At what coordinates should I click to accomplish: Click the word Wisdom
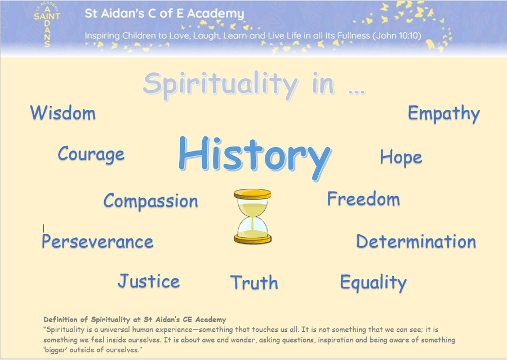pos(63,113)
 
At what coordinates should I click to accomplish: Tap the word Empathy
pos(444,114)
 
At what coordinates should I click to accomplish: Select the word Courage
pos(91,154)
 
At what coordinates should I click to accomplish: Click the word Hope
pos(401,158)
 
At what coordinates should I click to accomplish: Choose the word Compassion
pos(150,201)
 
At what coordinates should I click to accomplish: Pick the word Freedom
pos(363,199)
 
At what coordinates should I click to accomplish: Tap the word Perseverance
pos(97,242)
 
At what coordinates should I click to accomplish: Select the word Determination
pos(416,241)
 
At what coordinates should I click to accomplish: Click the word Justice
pos(149,281)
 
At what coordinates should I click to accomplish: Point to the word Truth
pos(254,282)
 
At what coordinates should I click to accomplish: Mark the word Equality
pos(373,282)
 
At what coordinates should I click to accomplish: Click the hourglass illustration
pos(252,216)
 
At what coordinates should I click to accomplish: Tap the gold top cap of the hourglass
pos(252,194)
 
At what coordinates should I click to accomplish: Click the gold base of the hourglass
pos(252,239)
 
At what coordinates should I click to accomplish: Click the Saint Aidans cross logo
pos(47,25)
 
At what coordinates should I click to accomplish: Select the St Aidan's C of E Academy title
pos(164,14)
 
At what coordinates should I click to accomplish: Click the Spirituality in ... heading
pos(255,85)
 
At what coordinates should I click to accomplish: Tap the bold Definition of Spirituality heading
pos(135,319)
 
